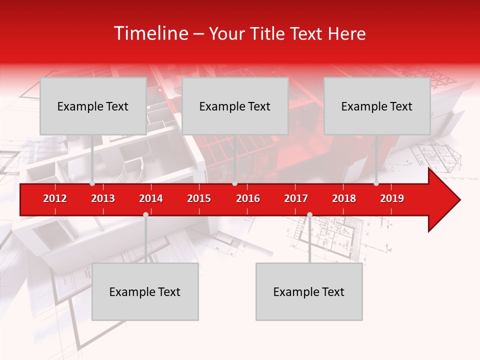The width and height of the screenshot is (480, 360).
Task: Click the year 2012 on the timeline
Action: pos(55,198)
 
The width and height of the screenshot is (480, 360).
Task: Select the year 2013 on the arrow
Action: pos(103,198)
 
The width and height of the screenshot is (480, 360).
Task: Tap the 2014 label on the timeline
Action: pos(151,198)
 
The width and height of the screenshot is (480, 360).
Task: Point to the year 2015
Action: pos(199,198)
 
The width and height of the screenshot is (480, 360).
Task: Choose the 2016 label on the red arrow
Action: pos(248,198)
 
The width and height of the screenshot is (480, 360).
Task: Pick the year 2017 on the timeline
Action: pos(296,198)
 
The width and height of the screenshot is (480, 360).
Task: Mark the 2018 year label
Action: pos(344,198)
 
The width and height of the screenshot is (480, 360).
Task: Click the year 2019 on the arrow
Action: pos(392,198)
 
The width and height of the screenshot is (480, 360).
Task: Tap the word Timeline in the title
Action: pos(149,33)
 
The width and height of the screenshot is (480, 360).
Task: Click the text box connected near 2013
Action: pos(93,106)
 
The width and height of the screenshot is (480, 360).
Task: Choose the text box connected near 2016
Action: pos(235,106)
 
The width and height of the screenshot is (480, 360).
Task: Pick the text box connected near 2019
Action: pos(377,106)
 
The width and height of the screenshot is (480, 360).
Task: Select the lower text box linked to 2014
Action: pos(145,291)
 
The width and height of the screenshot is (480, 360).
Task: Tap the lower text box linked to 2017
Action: pos(309,291)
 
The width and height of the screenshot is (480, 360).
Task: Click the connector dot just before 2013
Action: pos(92,183)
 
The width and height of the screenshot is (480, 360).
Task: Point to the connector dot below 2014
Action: pos(145,214)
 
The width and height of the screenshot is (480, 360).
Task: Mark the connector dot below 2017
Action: pos(309,214)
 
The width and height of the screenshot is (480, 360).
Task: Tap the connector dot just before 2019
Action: pos(376,183)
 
